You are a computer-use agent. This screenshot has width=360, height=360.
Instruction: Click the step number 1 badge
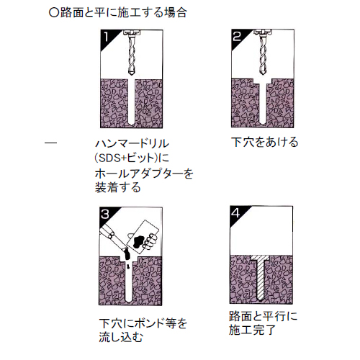107,37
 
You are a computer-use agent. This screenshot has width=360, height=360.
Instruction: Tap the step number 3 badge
107,215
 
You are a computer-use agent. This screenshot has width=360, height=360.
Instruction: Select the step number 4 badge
236,213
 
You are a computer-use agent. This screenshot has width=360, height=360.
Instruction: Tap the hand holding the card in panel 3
150,241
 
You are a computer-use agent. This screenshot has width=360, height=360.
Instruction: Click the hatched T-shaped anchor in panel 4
260,278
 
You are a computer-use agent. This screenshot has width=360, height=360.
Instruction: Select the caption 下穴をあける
265,142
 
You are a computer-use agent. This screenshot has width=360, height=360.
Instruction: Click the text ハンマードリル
132,144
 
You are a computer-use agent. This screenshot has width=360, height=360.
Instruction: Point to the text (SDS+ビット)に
132,158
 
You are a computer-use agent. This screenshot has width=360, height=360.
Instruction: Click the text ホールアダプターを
144,174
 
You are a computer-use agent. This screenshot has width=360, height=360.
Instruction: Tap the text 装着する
118,188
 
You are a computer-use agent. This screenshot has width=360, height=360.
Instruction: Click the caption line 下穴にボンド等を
143,323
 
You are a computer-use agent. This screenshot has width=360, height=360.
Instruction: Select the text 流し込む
121,337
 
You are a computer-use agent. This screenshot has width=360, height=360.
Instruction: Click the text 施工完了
252,330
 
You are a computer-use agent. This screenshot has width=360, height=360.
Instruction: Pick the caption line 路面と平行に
264,316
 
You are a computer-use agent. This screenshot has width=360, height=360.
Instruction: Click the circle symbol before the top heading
54,13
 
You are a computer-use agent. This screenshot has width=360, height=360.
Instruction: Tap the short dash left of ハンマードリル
51,143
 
